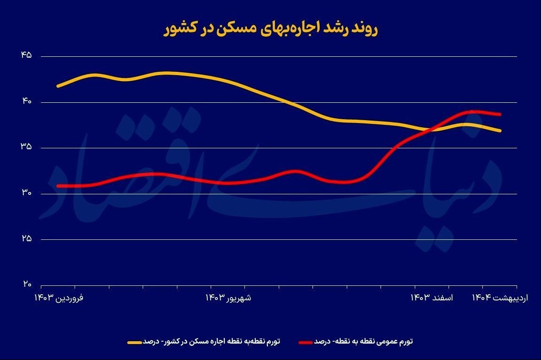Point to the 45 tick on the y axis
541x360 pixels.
26,55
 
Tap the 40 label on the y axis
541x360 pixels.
26,101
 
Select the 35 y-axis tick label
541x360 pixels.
26,147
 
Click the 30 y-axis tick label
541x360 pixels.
26,193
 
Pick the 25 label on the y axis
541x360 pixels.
26,239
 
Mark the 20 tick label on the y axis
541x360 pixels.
26,284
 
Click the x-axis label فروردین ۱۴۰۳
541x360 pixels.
59,298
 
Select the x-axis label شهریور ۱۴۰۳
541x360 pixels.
229,298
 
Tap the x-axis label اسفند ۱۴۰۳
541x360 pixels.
432,298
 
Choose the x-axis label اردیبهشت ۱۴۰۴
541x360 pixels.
500,298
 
